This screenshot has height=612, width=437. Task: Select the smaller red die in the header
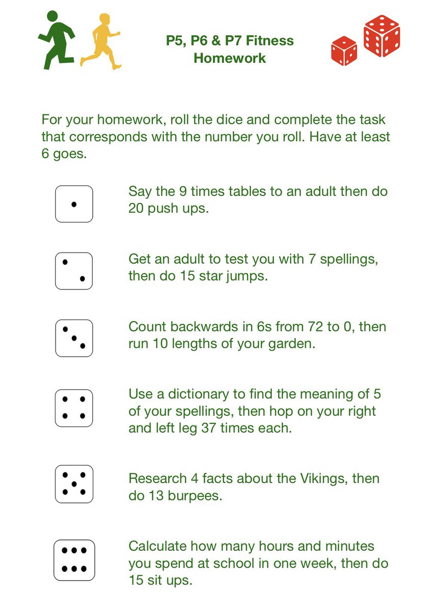[x=344, y=51]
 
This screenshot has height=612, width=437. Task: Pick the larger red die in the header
[x=381, y=36]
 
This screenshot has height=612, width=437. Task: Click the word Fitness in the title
[x=269, y=41]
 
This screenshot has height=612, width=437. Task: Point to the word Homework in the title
[x=230, y=58]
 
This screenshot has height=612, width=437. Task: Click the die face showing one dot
[x=74, y=204]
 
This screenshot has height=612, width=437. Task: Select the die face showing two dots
[x=74, y=271]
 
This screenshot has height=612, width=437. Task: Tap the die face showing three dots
[x=74, y=338]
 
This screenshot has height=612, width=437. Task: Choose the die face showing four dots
[x=74, y=408]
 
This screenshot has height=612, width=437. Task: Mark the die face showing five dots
[x=74, y=484]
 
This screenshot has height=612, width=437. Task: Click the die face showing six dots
[x=74, y=560]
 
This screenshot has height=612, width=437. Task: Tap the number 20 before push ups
[x=136, y=209]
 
